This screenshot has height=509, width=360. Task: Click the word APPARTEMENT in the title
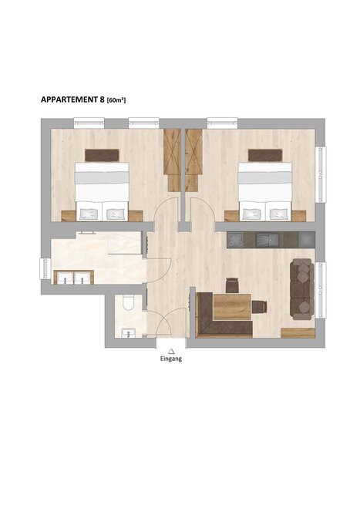point(69,99)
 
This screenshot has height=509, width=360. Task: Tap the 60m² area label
point(116,100)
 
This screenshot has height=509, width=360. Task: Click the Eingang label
point(171,359)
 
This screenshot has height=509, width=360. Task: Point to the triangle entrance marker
point(171,351)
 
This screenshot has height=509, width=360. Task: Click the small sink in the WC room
point(128,333)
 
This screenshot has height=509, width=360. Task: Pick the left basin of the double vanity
point(65,278)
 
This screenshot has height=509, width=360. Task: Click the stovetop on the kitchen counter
point(235,240)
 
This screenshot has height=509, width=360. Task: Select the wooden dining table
point(233,307)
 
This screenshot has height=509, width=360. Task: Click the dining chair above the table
point(232,285)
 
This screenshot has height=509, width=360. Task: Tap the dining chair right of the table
point(259,307)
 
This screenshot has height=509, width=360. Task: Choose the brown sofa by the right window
point(302,288)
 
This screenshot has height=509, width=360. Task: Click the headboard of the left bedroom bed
point(102,155)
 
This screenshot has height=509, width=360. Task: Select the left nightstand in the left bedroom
point(68,216)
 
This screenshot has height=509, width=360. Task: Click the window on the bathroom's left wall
point(45,268)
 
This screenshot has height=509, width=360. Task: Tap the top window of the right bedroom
point(222,123)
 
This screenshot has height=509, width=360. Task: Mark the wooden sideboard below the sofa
point(298,332)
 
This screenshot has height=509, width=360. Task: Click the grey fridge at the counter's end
point(307,240)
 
